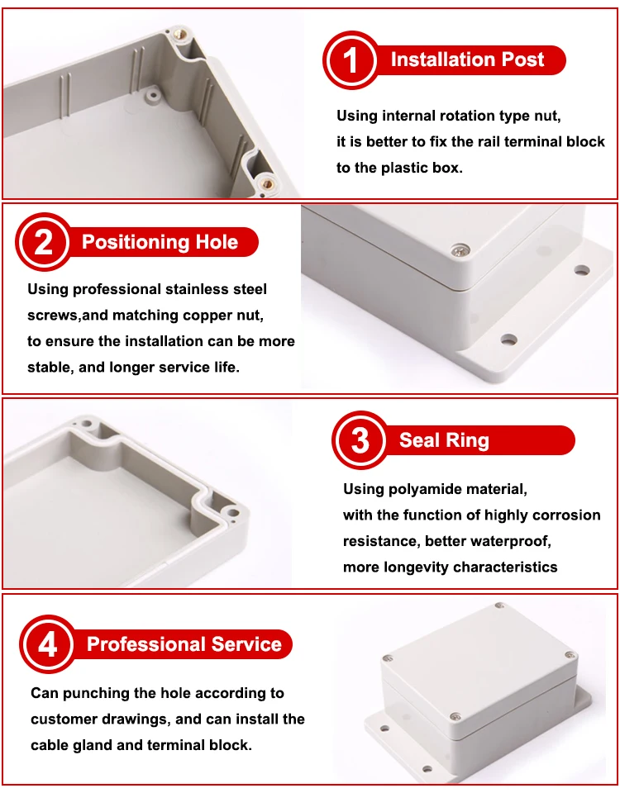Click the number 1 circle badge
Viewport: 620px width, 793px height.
[x=351, y=60]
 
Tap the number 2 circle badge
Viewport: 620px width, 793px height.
[x=43, y=242]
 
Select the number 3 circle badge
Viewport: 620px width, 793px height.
[x=360, y=440]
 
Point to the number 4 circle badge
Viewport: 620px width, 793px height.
[x=47, y=644]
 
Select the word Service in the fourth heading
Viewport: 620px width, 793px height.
[x=246, y=644]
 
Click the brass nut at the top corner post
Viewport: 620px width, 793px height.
[x=179, y=35]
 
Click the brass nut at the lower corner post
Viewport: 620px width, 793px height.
[x=265, y=183]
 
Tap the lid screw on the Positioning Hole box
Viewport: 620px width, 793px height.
[x=460, y=249]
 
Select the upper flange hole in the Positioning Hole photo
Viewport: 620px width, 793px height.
[x=582, y=271]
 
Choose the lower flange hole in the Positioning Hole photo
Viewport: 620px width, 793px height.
[x=508, y=340]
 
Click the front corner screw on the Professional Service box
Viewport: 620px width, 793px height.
[x=455, y=717]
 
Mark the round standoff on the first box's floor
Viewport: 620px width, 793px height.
[x=150, y=94]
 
